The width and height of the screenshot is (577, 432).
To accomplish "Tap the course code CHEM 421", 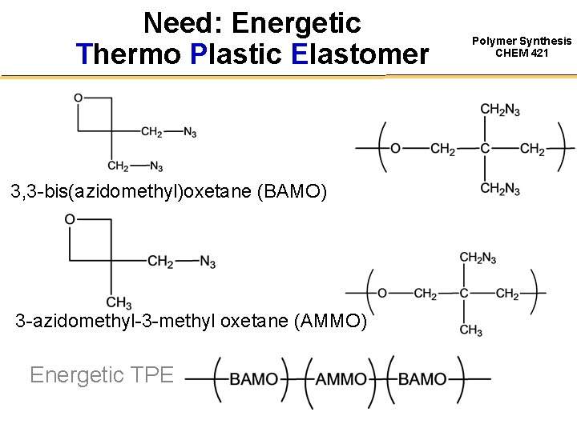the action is coord(522,54).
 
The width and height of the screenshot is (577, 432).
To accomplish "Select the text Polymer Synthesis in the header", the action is coord(522,41).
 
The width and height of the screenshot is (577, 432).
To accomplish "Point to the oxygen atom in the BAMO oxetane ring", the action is coord(79,98).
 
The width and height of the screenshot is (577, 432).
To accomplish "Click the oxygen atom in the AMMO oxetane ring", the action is coord(70,219).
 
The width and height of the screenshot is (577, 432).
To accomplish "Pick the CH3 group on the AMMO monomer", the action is coord(119,302).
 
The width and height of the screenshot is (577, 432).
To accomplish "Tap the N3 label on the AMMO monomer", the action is coord(208,262).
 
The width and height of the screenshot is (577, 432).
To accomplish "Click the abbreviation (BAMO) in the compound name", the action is coord(292,192).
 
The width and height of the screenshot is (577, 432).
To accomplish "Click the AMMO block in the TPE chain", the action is coord(341,379).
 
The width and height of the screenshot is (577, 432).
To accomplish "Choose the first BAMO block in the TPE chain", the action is coord(254,379).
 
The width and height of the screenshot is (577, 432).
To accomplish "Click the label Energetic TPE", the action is coord(101,374).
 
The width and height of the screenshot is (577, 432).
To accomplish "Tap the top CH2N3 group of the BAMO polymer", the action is coord(500,110).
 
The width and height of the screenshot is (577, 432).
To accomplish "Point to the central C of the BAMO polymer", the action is coord(486,149).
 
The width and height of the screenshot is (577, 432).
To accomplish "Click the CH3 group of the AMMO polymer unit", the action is coord(471,330).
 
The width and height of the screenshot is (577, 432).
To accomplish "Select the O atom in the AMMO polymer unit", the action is coord(382,294).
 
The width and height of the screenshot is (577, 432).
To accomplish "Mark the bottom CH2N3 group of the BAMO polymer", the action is coord(500,189).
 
